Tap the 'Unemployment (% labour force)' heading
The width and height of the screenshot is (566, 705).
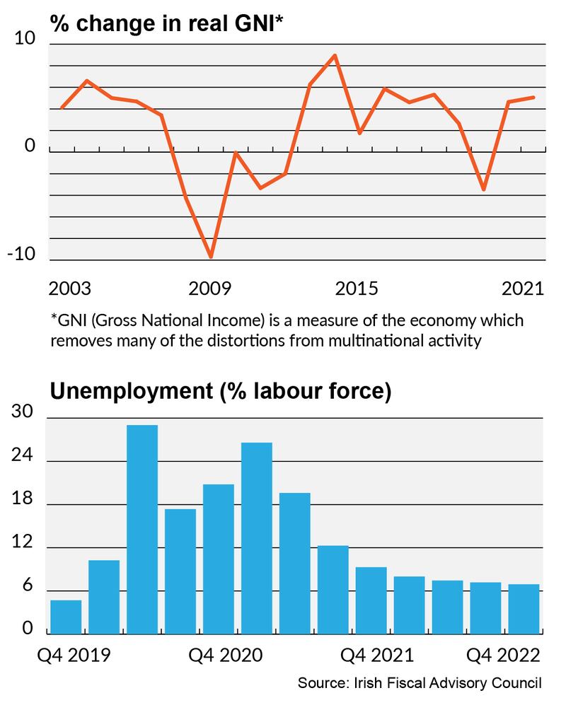[220, 391]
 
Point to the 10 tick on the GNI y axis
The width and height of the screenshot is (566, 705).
[25, 39]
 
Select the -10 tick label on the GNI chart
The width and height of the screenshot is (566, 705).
[21, 255]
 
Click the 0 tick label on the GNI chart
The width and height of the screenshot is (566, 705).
[30, 146]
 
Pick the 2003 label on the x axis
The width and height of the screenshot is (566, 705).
[70, 289]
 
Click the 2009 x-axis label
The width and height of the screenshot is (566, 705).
[211, 289]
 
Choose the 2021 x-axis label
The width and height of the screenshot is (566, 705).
[523, 289]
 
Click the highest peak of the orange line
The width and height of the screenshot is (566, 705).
[335, 55]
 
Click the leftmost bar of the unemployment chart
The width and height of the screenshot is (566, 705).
[66, 617]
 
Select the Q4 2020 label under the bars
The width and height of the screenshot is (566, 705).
[226, 655]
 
